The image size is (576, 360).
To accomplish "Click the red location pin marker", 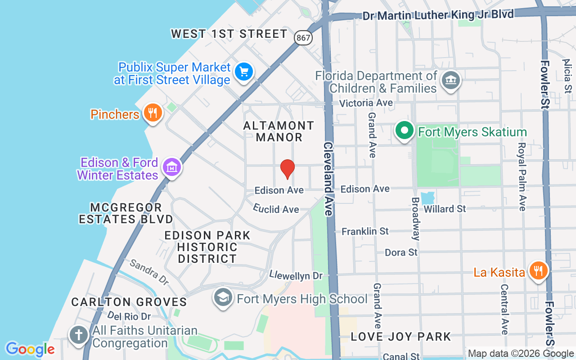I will [x=287, y=169].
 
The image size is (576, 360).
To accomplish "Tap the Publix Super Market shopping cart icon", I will [x=244, y=72].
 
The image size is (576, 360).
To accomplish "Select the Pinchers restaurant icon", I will [x=153, y=113].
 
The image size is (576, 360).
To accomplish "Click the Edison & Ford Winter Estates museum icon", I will [x=171, y=167].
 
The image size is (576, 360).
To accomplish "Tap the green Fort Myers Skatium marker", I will [x=405, y=131].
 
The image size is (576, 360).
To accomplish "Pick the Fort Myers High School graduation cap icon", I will [x=223, y=298].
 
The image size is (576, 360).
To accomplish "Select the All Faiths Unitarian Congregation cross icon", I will [x=79, y=335].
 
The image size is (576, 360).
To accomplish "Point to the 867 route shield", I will [x=303, y=37].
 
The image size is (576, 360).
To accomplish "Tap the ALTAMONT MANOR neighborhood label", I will [x=279, y=131].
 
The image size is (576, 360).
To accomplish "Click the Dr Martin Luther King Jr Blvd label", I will [x=438, y=15].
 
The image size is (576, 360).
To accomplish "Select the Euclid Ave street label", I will [x=276, y=209].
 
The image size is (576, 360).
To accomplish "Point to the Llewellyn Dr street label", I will [x=296, y=274].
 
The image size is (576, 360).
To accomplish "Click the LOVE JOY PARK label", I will [x=400, y=336].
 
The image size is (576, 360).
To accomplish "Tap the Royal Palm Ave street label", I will [x=522, y=176].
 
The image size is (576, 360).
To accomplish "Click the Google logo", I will [x=30, y=349].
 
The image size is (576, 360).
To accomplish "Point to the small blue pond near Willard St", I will [x=427, y=197].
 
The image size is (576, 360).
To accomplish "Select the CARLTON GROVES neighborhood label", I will [x=129, y=302].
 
